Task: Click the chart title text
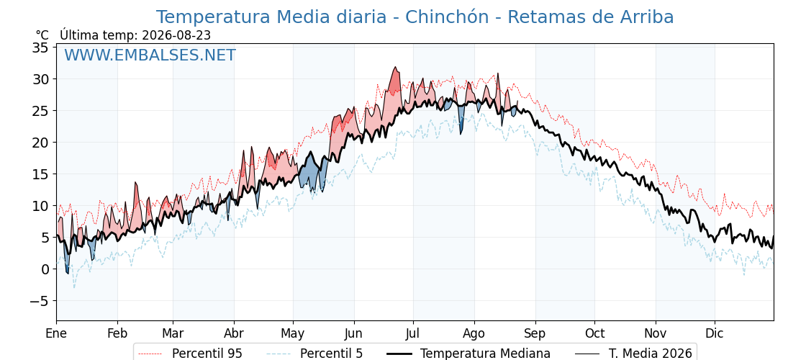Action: point(415,17)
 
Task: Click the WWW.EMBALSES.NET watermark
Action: point(150,55)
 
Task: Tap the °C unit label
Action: point(42,35)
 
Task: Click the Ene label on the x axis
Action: point(56,334)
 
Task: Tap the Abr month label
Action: point(234,334)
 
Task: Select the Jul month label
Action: point(413,334)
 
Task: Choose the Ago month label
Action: point(474,334)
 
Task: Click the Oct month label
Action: point(594,334)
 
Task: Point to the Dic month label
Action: point(715,334)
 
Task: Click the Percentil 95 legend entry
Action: point(190,354)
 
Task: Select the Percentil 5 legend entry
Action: point(314,354)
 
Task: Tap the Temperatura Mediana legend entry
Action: point(467,354)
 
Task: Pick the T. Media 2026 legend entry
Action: point(633,354)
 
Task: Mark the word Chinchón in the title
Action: point(447,17)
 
